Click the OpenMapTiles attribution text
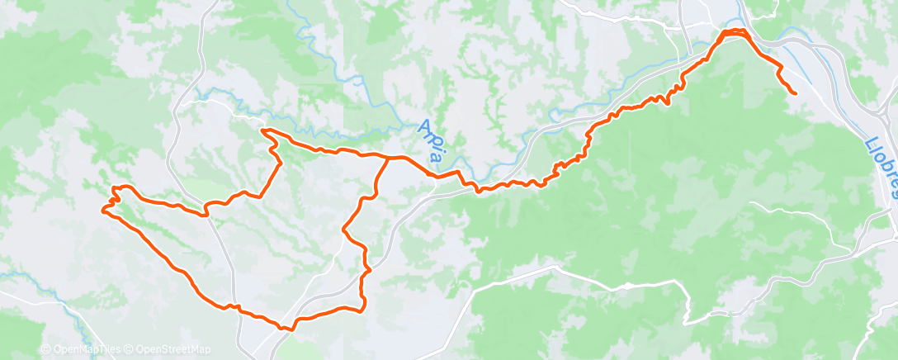[87, 349]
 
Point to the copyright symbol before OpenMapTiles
[46, 349]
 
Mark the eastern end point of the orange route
[794, 93]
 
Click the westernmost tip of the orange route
[102, 209]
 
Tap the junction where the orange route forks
[388, 157]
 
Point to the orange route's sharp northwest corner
[262, 130]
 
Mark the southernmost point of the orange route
[289, 329]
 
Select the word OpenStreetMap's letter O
[138, 349]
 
